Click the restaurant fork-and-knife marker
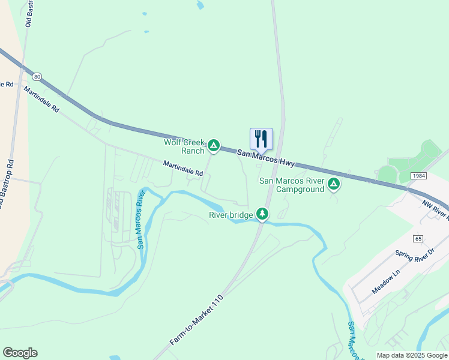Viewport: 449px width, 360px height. coord(261,139)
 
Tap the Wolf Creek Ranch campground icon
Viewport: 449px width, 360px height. coord(213,145)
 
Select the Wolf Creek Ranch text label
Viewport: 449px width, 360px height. coord(184,146)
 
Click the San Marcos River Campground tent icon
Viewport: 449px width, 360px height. coord(334,184)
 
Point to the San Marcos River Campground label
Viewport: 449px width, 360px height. coord(292,185)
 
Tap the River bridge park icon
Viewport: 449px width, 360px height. coord(262,214)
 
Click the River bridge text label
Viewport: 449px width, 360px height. coord(231,215)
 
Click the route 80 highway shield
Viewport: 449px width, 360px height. coord(38,77)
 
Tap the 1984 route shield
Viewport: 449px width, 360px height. coord(419,175)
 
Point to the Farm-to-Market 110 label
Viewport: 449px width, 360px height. coord(196,319)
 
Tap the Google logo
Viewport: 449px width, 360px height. coord(20,353)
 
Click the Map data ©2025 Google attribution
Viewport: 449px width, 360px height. coord(412,355)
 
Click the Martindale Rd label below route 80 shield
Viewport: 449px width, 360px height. coord(42,100)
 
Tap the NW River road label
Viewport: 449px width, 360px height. coord(436,208)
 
